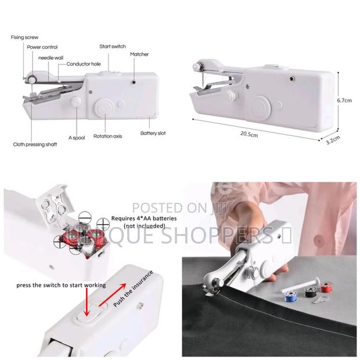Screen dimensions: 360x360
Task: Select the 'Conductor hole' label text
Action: (82, 64)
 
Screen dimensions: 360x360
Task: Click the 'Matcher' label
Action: (139, 54)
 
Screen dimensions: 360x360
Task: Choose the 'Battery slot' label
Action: (153, 133)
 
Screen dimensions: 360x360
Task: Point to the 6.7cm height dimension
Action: (345, 100)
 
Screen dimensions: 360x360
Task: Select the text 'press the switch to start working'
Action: (62, 285)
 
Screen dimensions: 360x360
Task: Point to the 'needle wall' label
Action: (52, 57)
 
